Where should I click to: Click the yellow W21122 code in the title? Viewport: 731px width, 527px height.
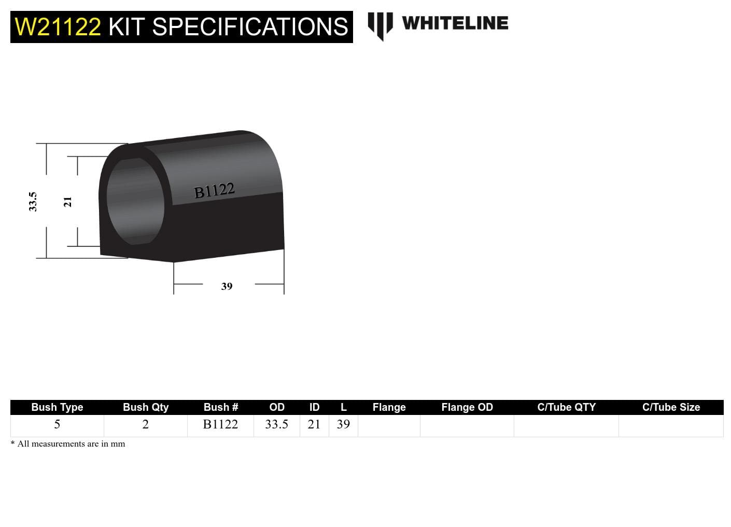click(58, 26)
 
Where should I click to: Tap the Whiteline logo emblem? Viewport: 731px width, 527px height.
click(380, 25)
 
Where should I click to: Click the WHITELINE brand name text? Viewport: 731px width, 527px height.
click(455, 23)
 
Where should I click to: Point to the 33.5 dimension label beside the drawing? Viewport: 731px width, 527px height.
click(33, 201)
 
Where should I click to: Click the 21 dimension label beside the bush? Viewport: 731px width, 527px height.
click(67, 202)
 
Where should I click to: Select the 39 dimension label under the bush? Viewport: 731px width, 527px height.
click(227, 286)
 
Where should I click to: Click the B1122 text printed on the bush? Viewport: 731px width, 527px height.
click(214, 190)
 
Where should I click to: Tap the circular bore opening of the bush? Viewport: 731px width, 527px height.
click(135, 202)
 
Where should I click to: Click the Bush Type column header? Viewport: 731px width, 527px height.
click(57, 407)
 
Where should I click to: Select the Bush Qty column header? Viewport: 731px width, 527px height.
click(146, 407)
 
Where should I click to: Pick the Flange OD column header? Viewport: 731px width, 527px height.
click(467, 407)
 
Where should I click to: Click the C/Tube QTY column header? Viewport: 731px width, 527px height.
click(566, 407)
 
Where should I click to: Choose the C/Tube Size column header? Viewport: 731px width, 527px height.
click(671, 407)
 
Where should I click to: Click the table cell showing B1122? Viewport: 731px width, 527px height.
click(220, 424)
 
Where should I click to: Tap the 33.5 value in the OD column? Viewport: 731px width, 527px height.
click(276, 424)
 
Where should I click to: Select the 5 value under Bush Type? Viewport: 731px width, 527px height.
click(57, 424)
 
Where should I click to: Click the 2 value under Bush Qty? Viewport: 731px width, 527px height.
click(146, 424)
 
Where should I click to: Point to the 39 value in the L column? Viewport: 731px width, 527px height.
click(343, 424)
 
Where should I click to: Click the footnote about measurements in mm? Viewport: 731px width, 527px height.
click(68, 444)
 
